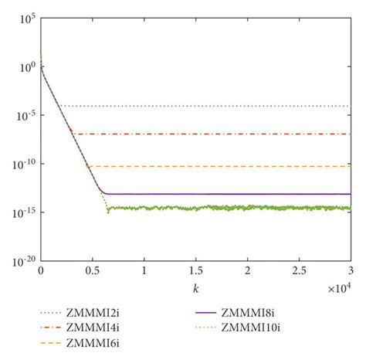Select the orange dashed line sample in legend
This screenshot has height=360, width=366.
[x=49, y=343]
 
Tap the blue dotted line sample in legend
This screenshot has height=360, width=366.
[x=49, y=314]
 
